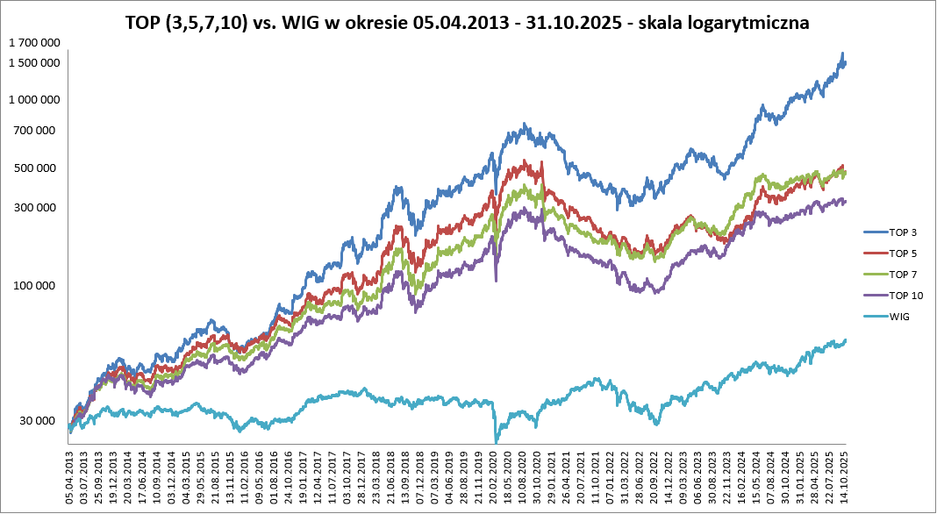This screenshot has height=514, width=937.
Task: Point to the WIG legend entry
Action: pos(899,317)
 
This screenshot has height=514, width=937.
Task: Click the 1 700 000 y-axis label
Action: pos(34,42)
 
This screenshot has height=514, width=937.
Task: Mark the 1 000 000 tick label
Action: pos(34,100)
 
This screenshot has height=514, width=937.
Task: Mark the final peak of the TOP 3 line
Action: pos(842,54)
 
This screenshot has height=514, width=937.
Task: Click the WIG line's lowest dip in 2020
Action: pos(496,441)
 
